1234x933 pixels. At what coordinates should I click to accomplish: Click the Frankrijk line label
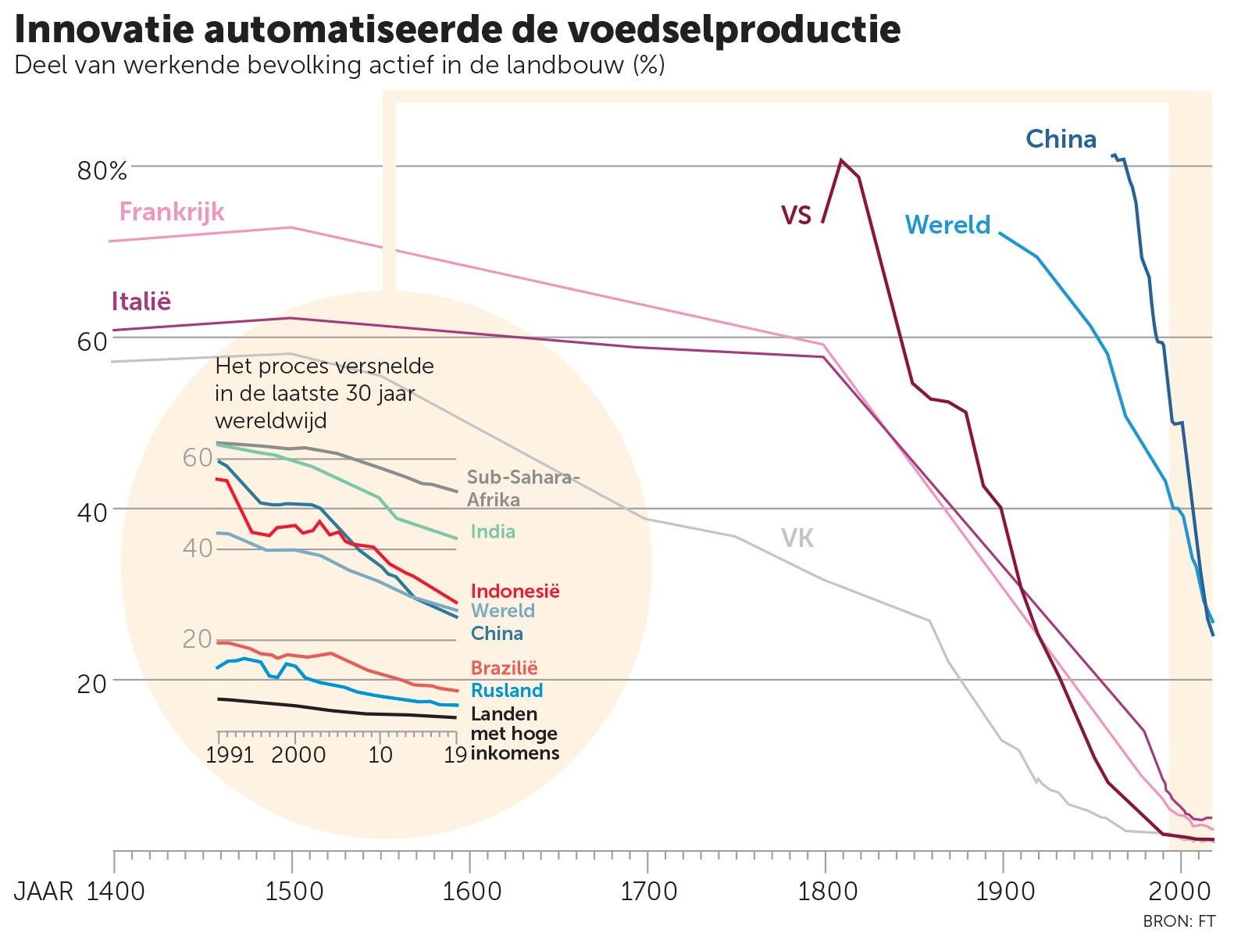click(x=172, y=212)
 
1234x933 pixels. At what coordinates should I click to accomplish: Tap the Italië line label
click(x=141, y=302)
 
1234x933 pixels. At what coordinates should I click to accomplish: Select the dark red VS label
click(x=796, y=215)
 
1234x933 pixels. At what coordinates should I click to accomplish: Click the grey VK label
click(x=797, y=538)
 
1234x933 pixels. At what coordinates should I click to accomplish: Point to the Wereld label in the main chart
click(x=947, y=225)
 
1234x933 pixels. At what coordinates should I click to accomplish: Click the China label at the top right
click(x=1061, y=139)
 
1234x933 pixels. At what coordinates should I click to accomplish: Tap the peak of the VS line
click(x=841, y=160)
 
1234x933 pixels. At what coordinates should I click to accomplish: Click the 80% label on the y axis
click(x=102, y=171)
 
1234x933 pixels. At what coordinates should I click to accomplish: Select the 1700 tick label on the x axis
click(x=647, y=891)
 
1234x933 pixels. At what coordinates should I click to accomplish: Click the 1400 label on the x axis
click(x=116, y=891)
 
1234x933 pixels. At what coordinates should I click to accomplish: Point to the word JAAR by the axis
click(x=44, y=891)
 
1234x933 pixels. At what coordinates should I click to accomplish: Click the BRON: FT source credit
click(x=1178, y=921)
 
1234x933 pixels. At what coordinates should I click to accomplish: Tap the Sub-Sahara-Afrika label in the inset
click(x=522, y=488)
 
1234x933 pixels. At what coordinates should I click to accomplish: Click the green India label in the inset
click(x=493, y=532)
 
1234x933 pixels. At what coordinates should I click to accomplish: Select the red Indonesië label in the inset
click(x=515, y=592)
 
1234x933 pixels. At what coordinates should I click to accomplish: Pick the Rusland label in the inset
click(x=506, y=691)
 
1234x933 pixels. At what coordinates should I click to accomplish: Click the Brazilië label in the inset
click(x=504, y=668)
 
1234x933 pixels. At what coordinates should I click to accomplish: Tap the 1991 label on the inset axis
click(x=230, y=755)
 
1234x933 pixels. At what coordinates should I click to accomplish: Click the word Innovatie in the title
click(x=104, y=30)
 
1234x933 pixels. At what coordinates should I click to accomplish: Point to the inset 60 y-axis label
click(x=198, y=458)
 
